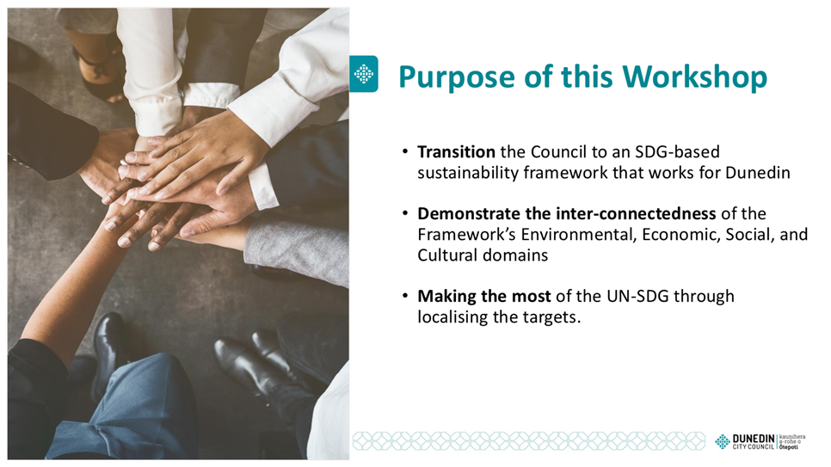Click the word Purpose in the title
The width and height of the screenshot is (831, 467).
pyautogui.click(x=457, y=77)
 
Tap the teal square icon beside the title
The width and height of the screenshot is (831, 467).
pyautogui.click(x=364, y=74)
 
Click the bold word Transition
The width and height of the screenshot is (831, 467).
pyautogui.click(x=456, y=152)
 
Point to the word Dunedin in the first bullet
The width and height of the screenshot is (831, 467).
pyautogui.click(x=758, y=173)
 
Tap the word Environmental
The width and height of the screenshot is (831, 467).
pyautogui.click(x=579, y=234)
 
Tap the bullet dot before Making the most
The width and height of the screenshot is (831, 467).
pyautogui.click(x=405, y=296)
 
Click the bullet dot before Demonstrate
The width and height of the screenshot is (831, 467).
pyautogui.click(x=405, y=213)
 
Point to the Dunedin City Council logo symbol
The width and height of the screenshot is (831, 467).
pyautogui.click(x=723, y=441)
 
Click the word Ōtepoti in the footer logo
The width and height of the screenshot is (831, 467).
pyautogui.click(x=789, y=447)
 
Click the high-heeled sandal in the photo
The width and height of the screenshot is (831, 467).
pyautogui.click(x=97, y=73)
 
